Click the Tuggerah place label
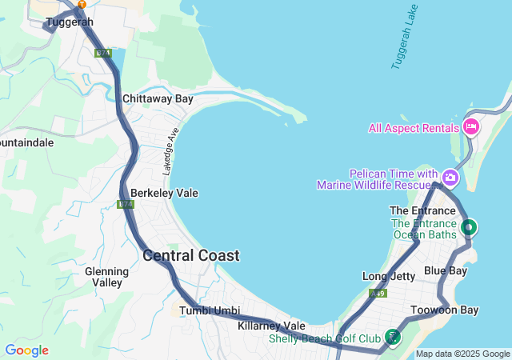(64, 22)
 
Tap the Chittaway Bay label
(158, 99)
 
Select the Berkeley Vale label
(164, 194)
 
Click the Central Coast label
(190, 256)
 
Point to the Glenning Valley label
(106, 277)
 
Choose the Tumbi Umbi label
(210, 310)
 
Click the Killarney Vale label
(271, 326)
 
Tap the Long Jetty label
(389, 277)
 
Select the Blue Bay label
(446, 271)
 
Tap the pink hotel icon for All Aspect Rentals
(471, 126)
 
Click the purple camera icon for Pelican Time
(450, 177)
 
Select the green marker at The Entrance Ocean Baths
(470, 227)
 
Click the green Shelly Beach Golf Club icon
(392, 337)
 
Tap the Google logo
(26, 350)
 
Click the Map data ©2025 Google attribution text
(462, 354)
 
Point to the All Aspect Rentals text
(414, 128)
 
